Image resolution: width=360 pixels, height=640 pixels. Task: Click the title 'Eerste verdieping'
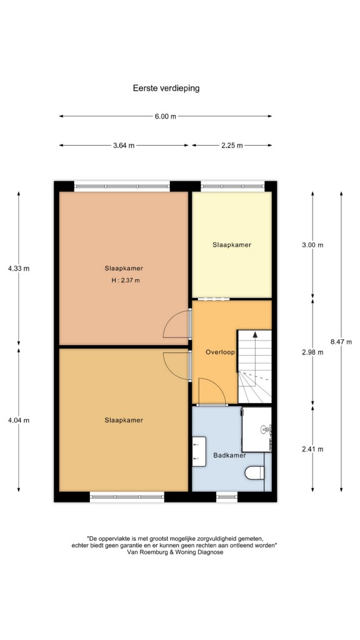(x=166, y=87)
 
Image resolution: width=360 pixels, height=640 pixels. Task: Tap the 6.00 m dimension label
(x=165, y=116)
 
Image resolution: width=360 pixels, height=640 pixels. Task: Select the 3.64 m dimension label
(x=124, y=145)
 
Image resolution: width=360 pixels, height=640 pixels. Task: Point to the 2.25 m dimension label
(x=232, y=145)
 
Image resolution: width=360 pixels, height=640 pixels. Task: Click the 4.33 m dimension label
(x=19, y=269)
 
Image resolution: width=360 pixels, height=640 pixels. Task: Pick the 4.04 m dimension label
(x=19, y=420)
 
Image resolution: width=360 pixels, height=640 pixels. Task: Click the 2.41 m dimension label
(x=312, y=449)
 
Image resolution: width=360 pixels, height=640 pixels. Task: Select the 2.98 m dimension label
(x=312, y=352)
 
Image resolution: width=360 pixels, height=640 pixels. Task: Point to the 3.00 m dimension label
(x=312, y=245)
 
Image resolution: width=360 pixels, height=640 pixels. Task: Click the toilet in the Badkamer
(x=255, y=473)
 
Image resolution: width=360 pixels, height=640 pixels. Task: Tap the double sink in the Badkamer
(x=199, y=451)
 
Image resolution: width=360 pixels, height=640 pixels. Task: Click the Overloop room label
(x=221, y=352)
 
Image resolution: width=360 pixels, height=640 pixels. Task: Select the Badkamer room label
(x=229, y=455)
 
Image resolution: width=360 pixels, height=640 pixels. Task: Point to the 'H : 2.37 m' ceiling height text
(x=126, y=281)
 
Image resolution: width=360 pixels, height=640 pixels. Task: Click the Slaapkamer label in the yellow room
(x=232, y=245)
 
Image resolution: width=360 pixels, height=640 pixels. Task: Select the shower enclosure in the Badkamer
(x=256, y=429)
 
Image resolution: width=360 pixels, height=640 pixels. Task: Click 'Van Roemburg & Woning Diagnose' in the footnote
(x=176, y=552)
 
